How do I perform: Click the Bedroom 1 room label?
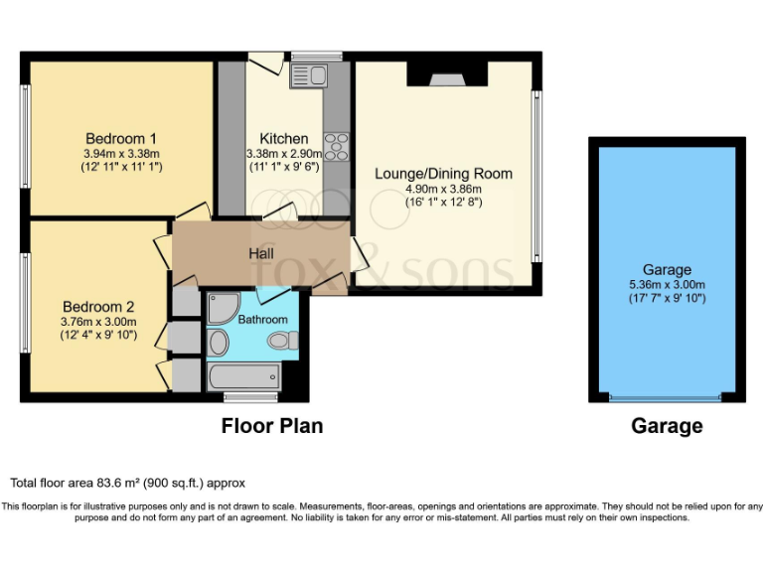[120, 138]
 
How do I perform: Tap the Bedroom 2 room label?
[97, 307]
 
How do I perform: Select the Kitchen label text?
[283, 138]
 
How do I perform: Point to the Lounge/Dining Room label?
[443, 174]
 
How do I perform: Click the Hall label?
[261, 254]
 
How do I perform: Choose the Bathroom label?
[262, 320]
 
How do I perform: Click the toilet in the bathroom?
[283, 342]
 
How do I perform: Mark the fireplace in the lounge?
[443, 75]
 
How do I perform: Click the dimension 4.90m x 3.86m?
[443, 190]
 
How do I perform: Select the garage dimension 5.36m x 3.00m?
[667, 285]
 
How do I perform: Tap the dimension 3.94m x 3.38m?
[121, 154]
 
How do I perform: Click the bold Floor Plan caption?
[271, 426]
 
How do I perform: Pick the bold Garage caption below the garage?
[667, 426]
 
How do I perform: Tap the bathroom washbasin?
[220, 343]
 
